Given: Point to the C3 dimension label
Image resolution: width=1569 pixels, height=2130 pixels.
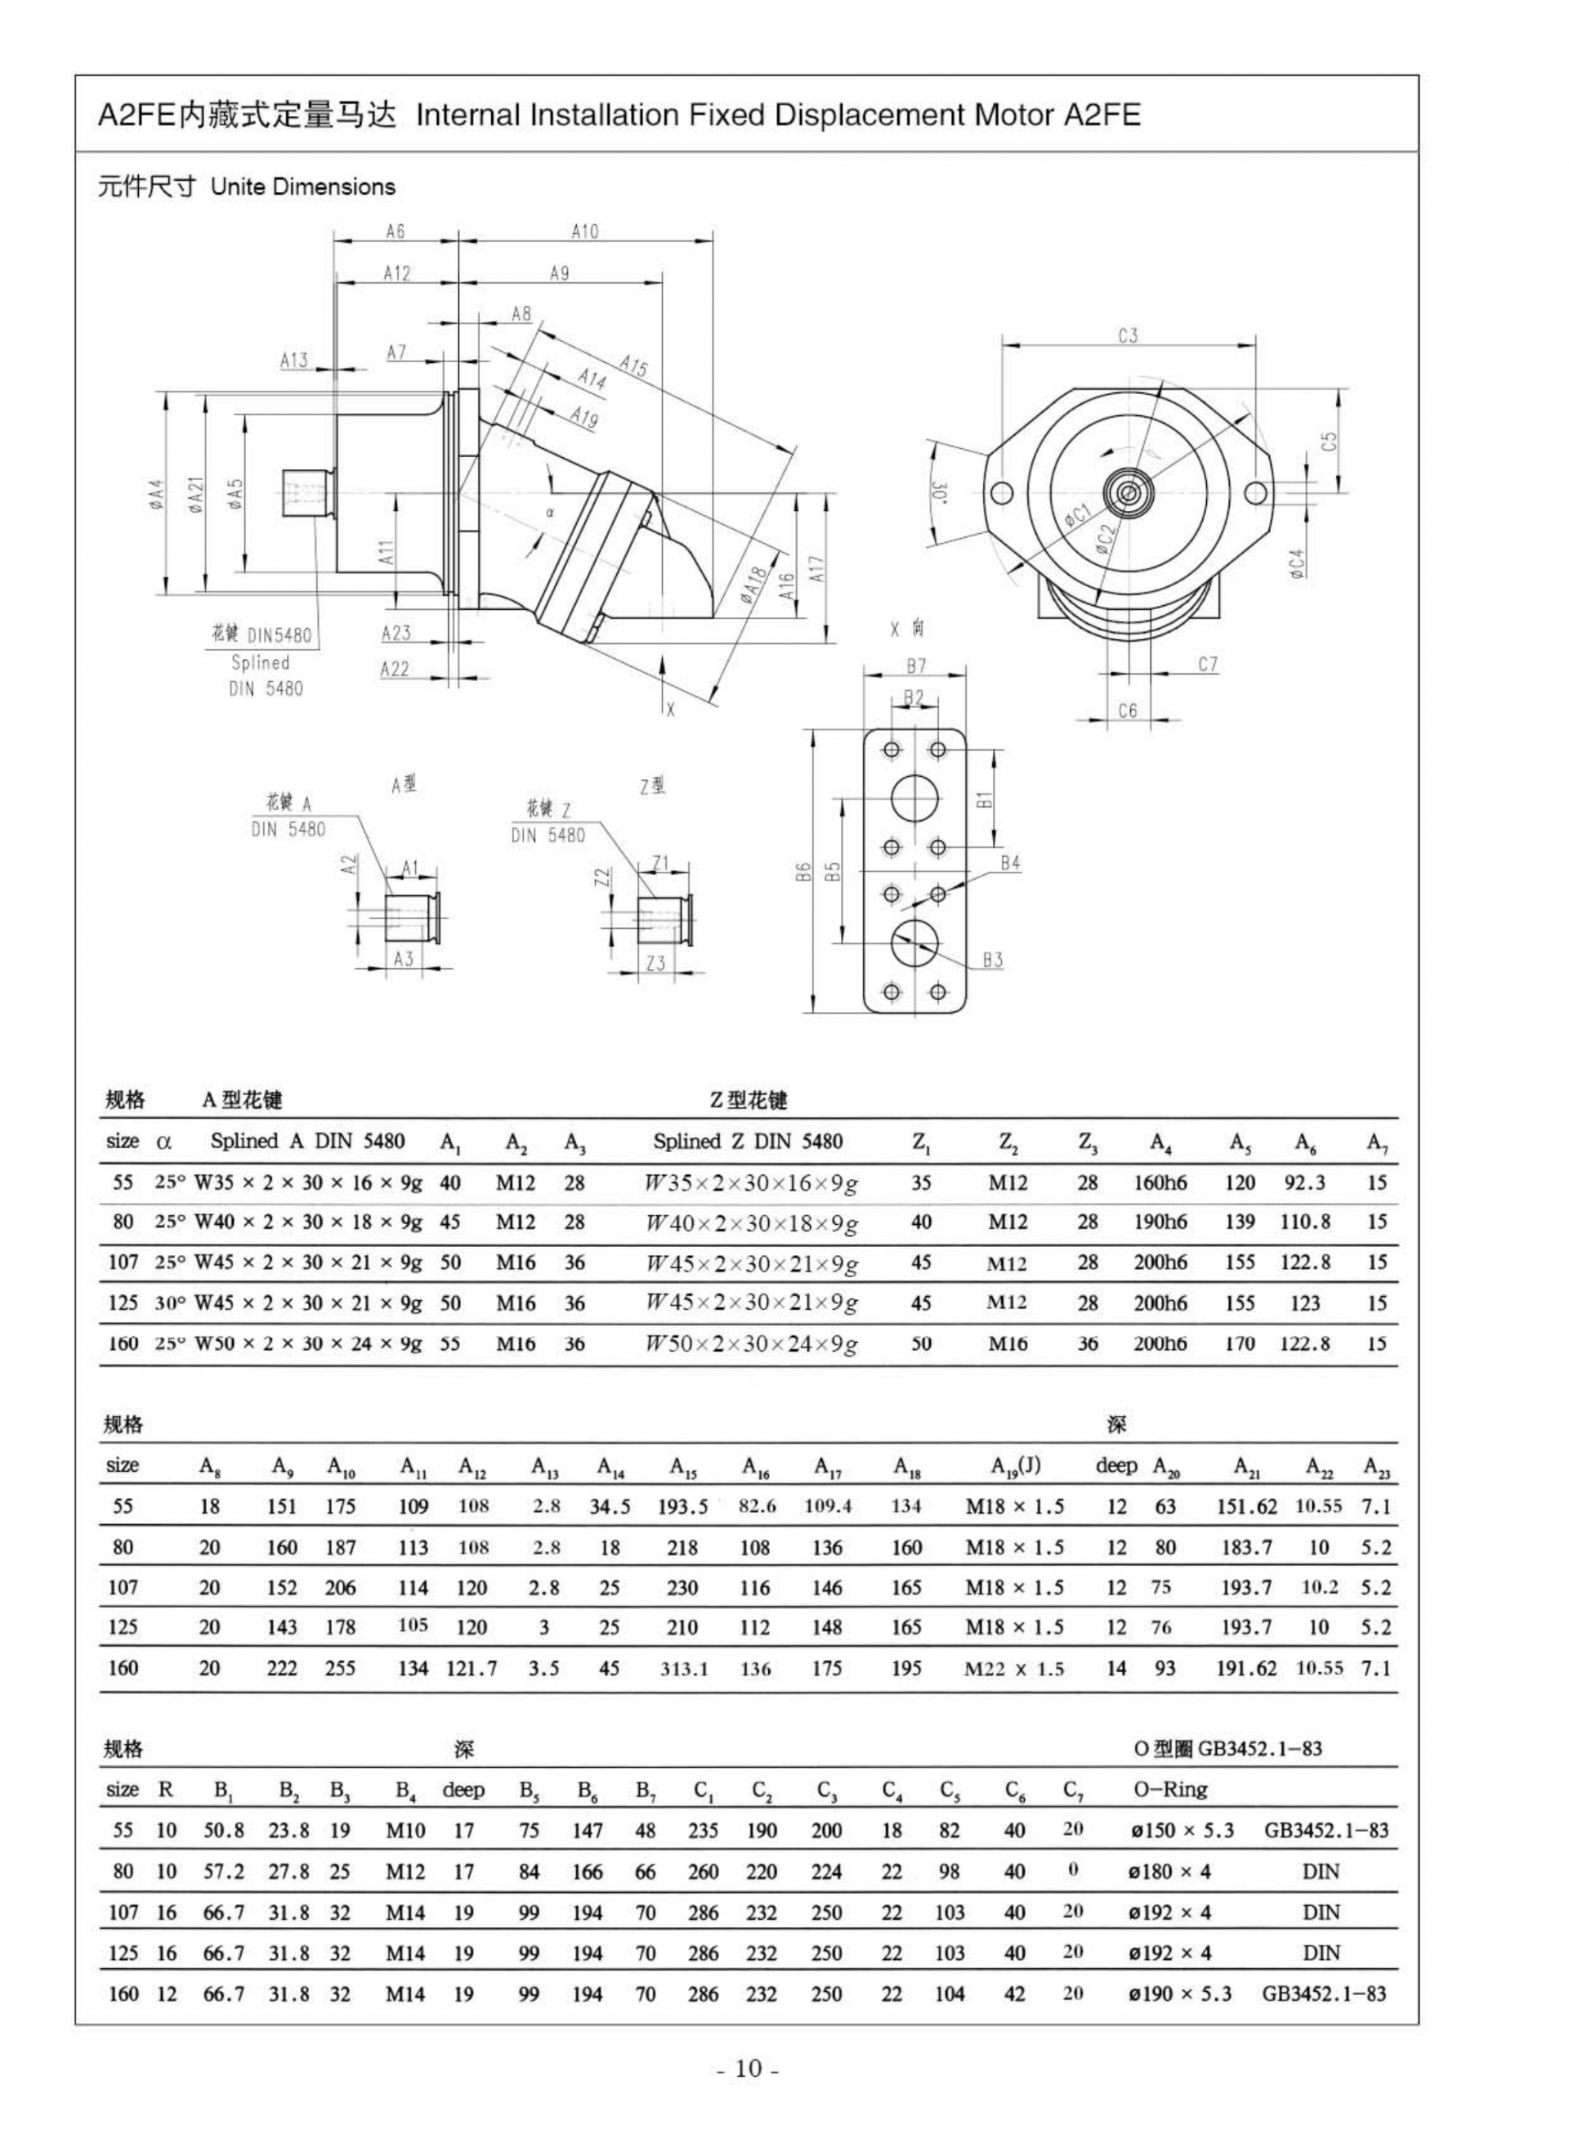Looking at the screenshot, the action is (x=1128, y=335).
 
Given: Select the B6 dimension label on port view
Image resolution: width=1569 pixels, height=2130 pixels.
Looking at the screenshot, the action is (x=802, y=871).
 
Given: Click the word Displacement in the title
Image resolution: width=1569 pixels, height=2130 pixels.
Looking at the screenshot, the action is (x=871, y=116).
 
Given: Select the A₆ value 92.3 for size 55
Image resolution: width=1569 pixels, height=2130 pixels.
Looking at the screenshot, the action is (x=1305, y=1183).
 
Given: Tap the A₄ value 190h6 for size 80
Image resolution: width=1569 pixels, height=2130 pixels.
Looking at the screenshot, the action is (x=1160, y=1222).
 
